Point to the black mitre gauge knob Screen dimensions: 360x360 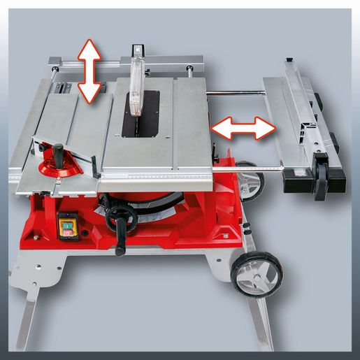click(57, 150)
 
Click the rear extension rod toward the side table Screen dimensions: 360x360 click(234, 93)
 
